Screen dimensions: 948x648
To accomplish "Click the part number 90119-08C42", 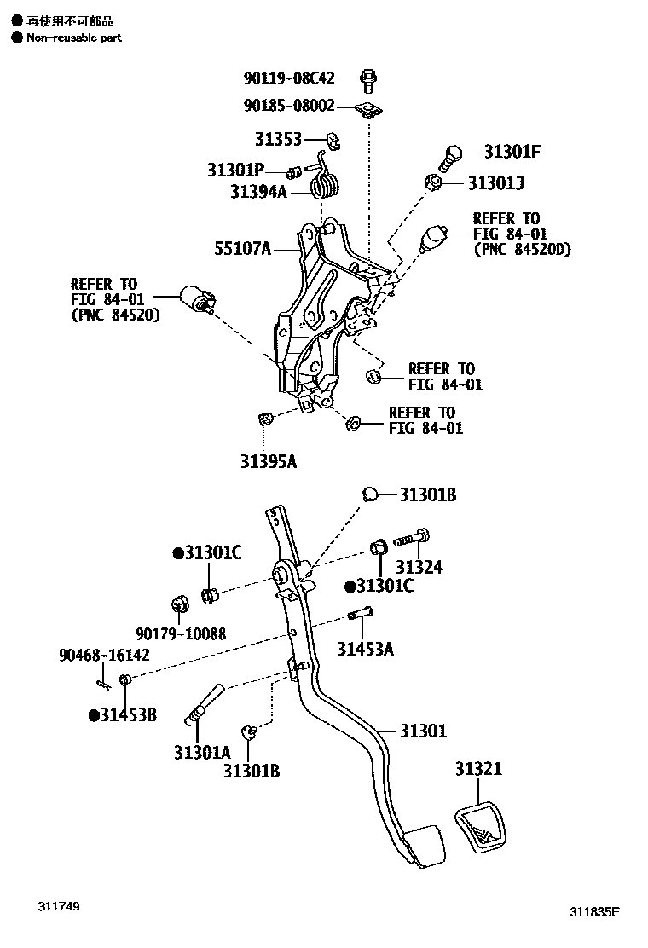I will point(289,78).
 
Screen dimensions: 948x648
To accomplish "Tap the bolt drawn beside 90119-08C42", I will point(369,79).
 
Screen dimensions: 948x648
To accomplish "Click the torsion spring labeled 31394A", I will point(325,182).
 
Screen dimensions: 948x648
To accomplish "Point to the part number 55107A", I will point(243,249).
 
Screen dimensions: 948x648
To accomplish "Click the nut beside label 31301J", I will point(432,182).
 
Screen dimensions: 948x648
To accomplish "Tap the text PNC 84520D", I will point(522,250).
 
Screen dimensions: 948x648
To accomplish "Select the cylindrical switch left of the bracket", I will point(197,300).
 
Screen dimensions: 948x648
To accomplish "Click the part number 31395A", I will point(268,461).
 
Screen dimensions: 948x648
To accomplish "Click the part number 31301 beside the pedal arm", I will point(423,731).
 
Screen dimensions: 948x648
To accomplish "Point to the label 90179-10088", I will point(180,633).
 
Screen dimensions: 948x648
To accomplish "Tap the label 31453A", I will point(365,650).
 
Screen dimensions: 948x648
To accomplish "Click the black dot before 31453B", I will point(93,714).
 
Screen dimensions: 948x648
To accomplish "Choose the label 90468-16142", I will point(104,655).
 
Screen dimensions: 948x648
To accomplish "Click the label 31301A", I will point(202,753).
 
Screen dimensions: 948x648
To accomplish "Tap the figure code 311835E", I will point(595,911).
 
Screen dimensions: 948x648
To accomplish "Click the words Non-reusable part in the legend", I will point(74,38).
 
